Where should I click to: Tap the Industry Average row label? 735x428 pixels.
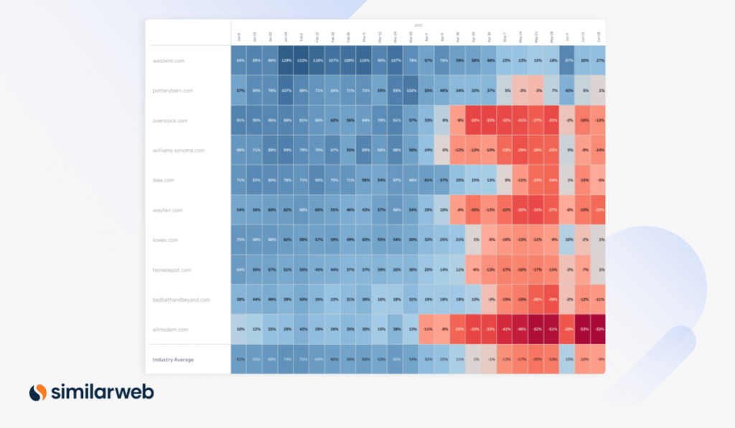172,359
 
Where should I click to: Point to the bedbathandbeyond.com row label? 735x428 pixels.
181,300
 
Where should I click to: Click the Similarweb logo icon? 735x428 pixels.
38,392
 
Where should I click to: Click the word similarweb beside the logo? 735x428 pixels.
101,392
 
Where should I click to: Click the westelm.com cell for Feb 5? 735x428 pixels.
301,61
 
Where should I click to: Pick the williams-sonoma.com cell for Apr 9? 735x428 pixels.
444,151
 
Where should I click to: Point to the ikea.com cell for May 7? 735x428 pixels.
505,180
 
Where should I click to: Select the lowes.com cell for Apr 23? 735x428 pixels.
474,239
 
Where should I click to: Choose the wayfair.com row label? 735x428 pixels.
168,210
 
